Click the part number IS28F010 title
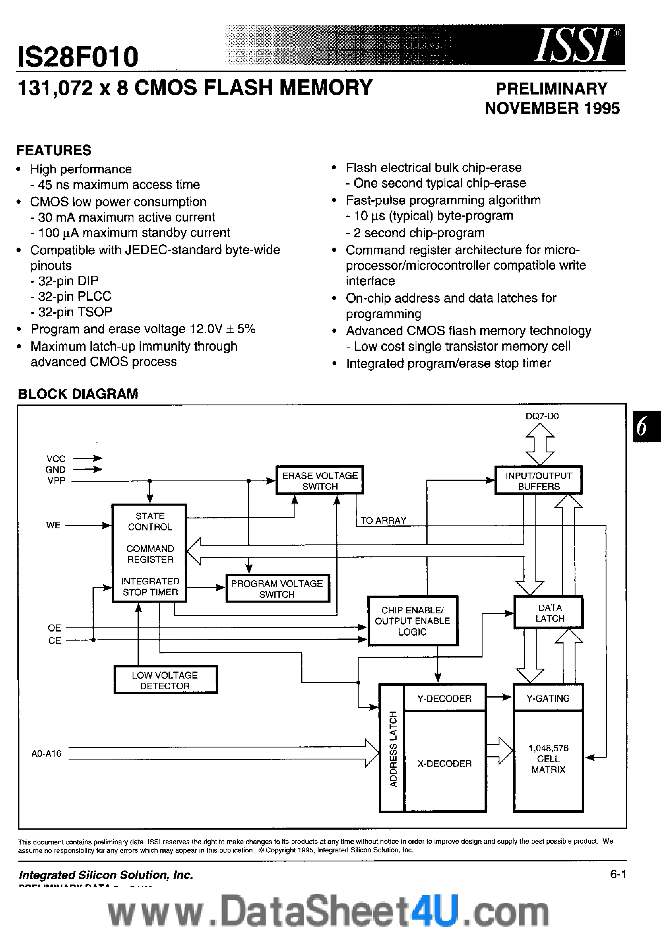pos(78,57)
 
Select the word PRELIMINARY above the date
pos(552,89)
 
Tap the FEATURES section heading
pos(54,150)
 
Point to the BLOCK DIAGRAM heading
pos(78,394)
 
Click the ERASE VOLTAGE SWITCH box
pos(319,480)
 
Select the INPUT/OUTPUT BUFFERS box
pos(538,480)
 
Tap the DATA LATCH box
pos(548,613)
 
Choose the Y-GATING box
pos(548,698)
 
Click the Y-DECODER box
pos(445,698)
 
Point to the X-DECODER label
pos(445,764)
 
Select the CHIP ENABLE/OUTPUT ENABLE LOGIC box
pos(412,621)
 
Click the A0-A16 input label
pos(46,754)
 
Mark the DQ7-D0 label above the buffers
pos(542,416)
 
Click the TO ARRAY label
pos(383,520)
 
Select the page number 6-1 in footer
pos(618,874)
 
